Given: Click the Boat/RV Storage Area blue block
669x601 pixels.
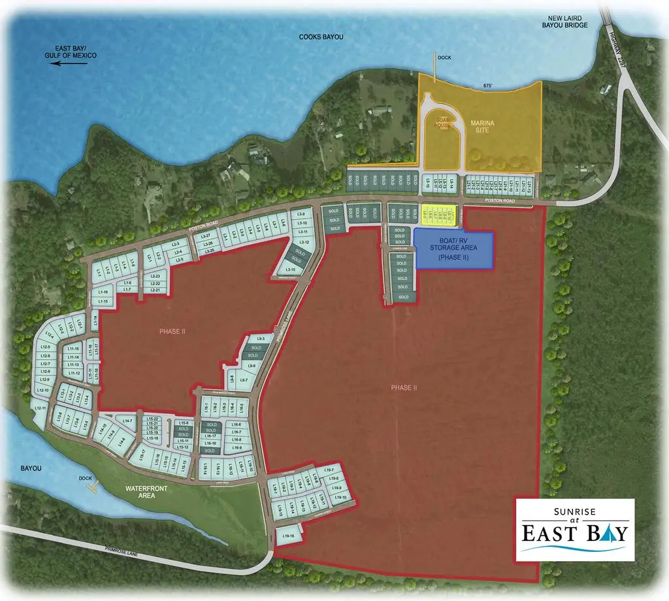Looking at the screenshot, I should [453, 249].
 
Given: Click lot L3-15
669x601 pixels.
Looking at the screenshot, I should [294, 269].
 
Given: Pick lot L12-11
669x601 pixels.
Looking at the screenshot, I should [39, 409].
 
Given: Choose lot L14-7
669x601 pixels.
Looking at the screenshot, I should [127, 421].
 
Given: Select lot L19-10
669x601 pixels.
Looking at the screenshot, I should [340, 498].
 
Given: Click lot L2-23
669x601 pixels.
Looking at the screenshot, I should [155, 277].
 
